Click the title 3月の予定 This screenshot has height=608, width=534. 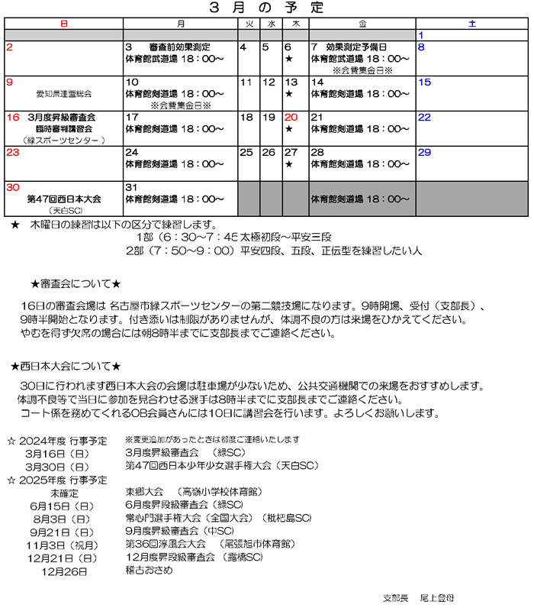click(x=266, y=8)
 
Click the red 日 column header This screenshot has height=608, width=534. click(x=63, y=24)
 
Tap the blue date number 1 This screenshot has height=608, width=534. click(x=421, y=35)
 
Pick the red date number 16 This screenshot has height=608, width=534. click(x=12, y=118)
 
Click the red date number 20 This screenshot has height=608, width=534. click(x=291, y=118)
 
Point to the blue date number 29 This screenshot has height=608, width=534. click(x=424, y=153)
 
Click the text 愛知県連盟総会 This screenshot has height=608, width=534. click(x=63, y=95)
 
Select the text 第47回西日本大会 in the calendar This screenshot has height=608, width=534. click(x=64, y=199)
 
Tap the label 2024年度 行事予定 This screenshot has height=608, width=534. click(x=63, y=441)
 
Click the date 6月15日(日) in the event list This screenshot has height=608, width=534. click(x=63, y=505)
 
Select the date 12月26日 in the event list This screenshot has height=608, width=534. click(x=66, y=569)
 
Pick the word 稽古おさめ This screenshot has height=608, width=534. click(x=150, y=569)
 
